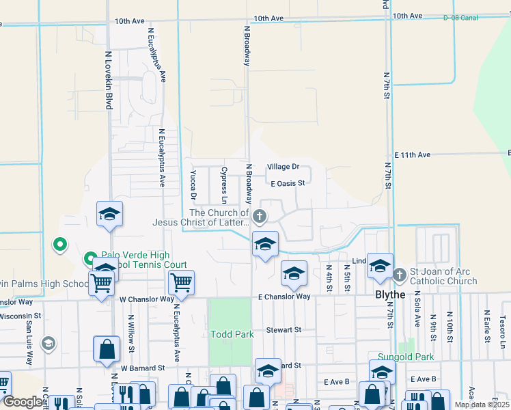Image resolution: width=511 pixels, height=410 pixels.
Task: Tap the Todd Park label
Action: tap(232, 333)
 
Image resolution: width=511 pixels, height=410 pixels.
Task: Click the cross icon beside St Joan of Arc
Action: tap(400, 275)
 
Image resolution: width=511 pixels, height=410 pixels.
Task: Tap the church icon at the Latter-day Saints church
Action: tap(259, 217)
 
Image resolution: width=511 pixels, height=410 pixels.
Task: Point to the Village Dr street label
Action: tap(283, 167)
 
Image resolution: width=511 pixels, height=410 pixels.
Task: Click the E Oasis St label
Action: tap(287, 183)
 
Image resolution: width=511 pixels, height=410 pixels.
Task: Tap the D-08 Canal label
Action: tap(460, 17)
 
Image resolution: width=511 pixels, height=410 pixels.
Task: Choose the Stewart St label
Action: tap(284, 330)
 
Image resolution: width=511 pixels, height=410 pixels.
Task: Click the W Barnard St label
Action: tap(143, 368)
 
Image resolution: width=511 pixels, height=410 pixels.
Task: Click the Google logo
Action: tap(23, 402)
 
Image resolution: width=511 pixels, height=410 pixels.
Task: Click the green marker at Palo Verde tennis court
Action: tap(89, 259)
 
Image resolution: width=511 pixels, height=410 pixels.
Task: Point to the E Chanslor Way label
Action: tap(284, 297)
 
